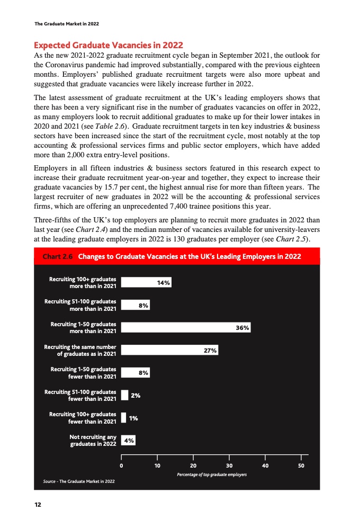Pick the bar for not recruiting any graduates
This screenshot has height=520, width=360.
coord(129,440)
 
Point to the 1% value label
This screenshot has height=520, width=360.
coord(134,418)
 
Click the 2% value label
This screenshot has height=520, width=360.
coord(136,395)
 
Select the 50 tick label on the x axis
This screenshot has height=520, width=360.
coord(301,466)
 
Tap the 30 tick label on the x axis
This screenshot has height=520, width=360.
coord(229,466)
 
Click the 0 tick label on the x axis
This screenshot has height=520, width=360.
coord(122,466)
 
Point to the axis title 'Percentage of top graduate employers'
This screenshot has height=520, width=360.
coord(212,474)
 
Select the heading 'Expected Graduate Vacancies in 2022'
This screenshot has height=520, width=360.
coord(108,44)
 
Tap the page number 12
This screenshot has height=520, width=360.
coord(38,504)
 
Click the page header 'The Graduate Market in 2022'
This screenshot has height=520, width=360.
coord(66,24)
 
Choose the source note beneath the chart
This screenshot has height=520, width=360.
coord(78,481)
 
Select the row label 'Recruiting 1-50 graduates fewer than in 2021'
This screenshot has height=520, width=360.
coord(83,373)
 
